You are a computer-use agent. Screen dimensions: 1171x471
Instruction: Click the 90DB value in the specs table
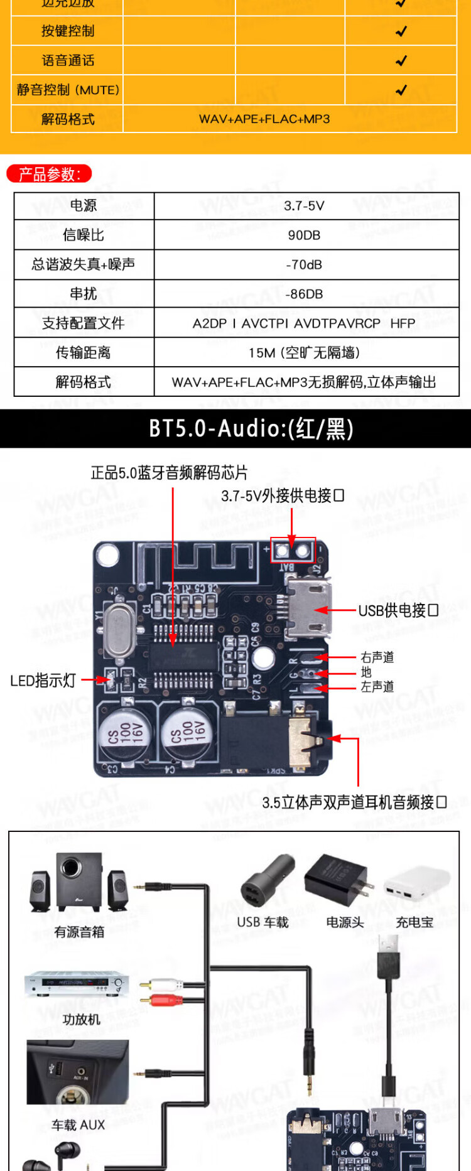click(x=304, y=235)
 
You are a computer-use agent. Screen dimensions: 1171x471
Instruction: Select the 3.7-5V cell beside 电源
click(x=304, y=206)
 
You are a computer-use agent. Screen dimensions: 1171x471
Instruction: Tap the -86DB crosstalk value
click(x=304, y=294)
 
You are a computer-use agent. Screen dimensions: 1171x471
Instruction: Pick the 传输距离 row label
click(x=84, y=353)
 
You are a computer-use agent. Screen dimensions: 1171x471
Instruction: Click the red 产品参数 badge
click(x=49, y=174)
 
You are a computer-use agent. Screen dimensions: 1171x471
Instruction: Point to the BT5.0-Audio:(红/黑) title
click(x=251, y=429)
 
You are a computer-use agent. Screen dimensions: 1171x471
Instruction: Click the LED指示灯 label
click(x=43, y=681)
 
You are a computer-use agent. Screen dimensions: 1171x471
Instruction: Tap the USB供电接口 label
click(x=398, y=610)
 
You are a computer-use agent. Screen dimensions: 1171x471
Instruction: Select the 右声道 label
click(x=377, y=657)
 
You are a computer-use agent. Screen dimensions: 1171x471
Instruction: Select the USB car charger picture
click(x=266, y=882)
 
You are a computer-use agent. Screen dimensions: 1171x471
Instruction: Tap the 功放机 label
click(x=81, y=1020)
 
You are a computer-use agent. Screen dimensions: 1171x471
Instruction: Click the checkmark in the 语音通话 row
click(x=401, y=61)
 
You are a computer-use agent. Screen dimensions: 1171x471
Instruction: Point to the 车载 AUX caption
click(x=78, y=1125)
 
